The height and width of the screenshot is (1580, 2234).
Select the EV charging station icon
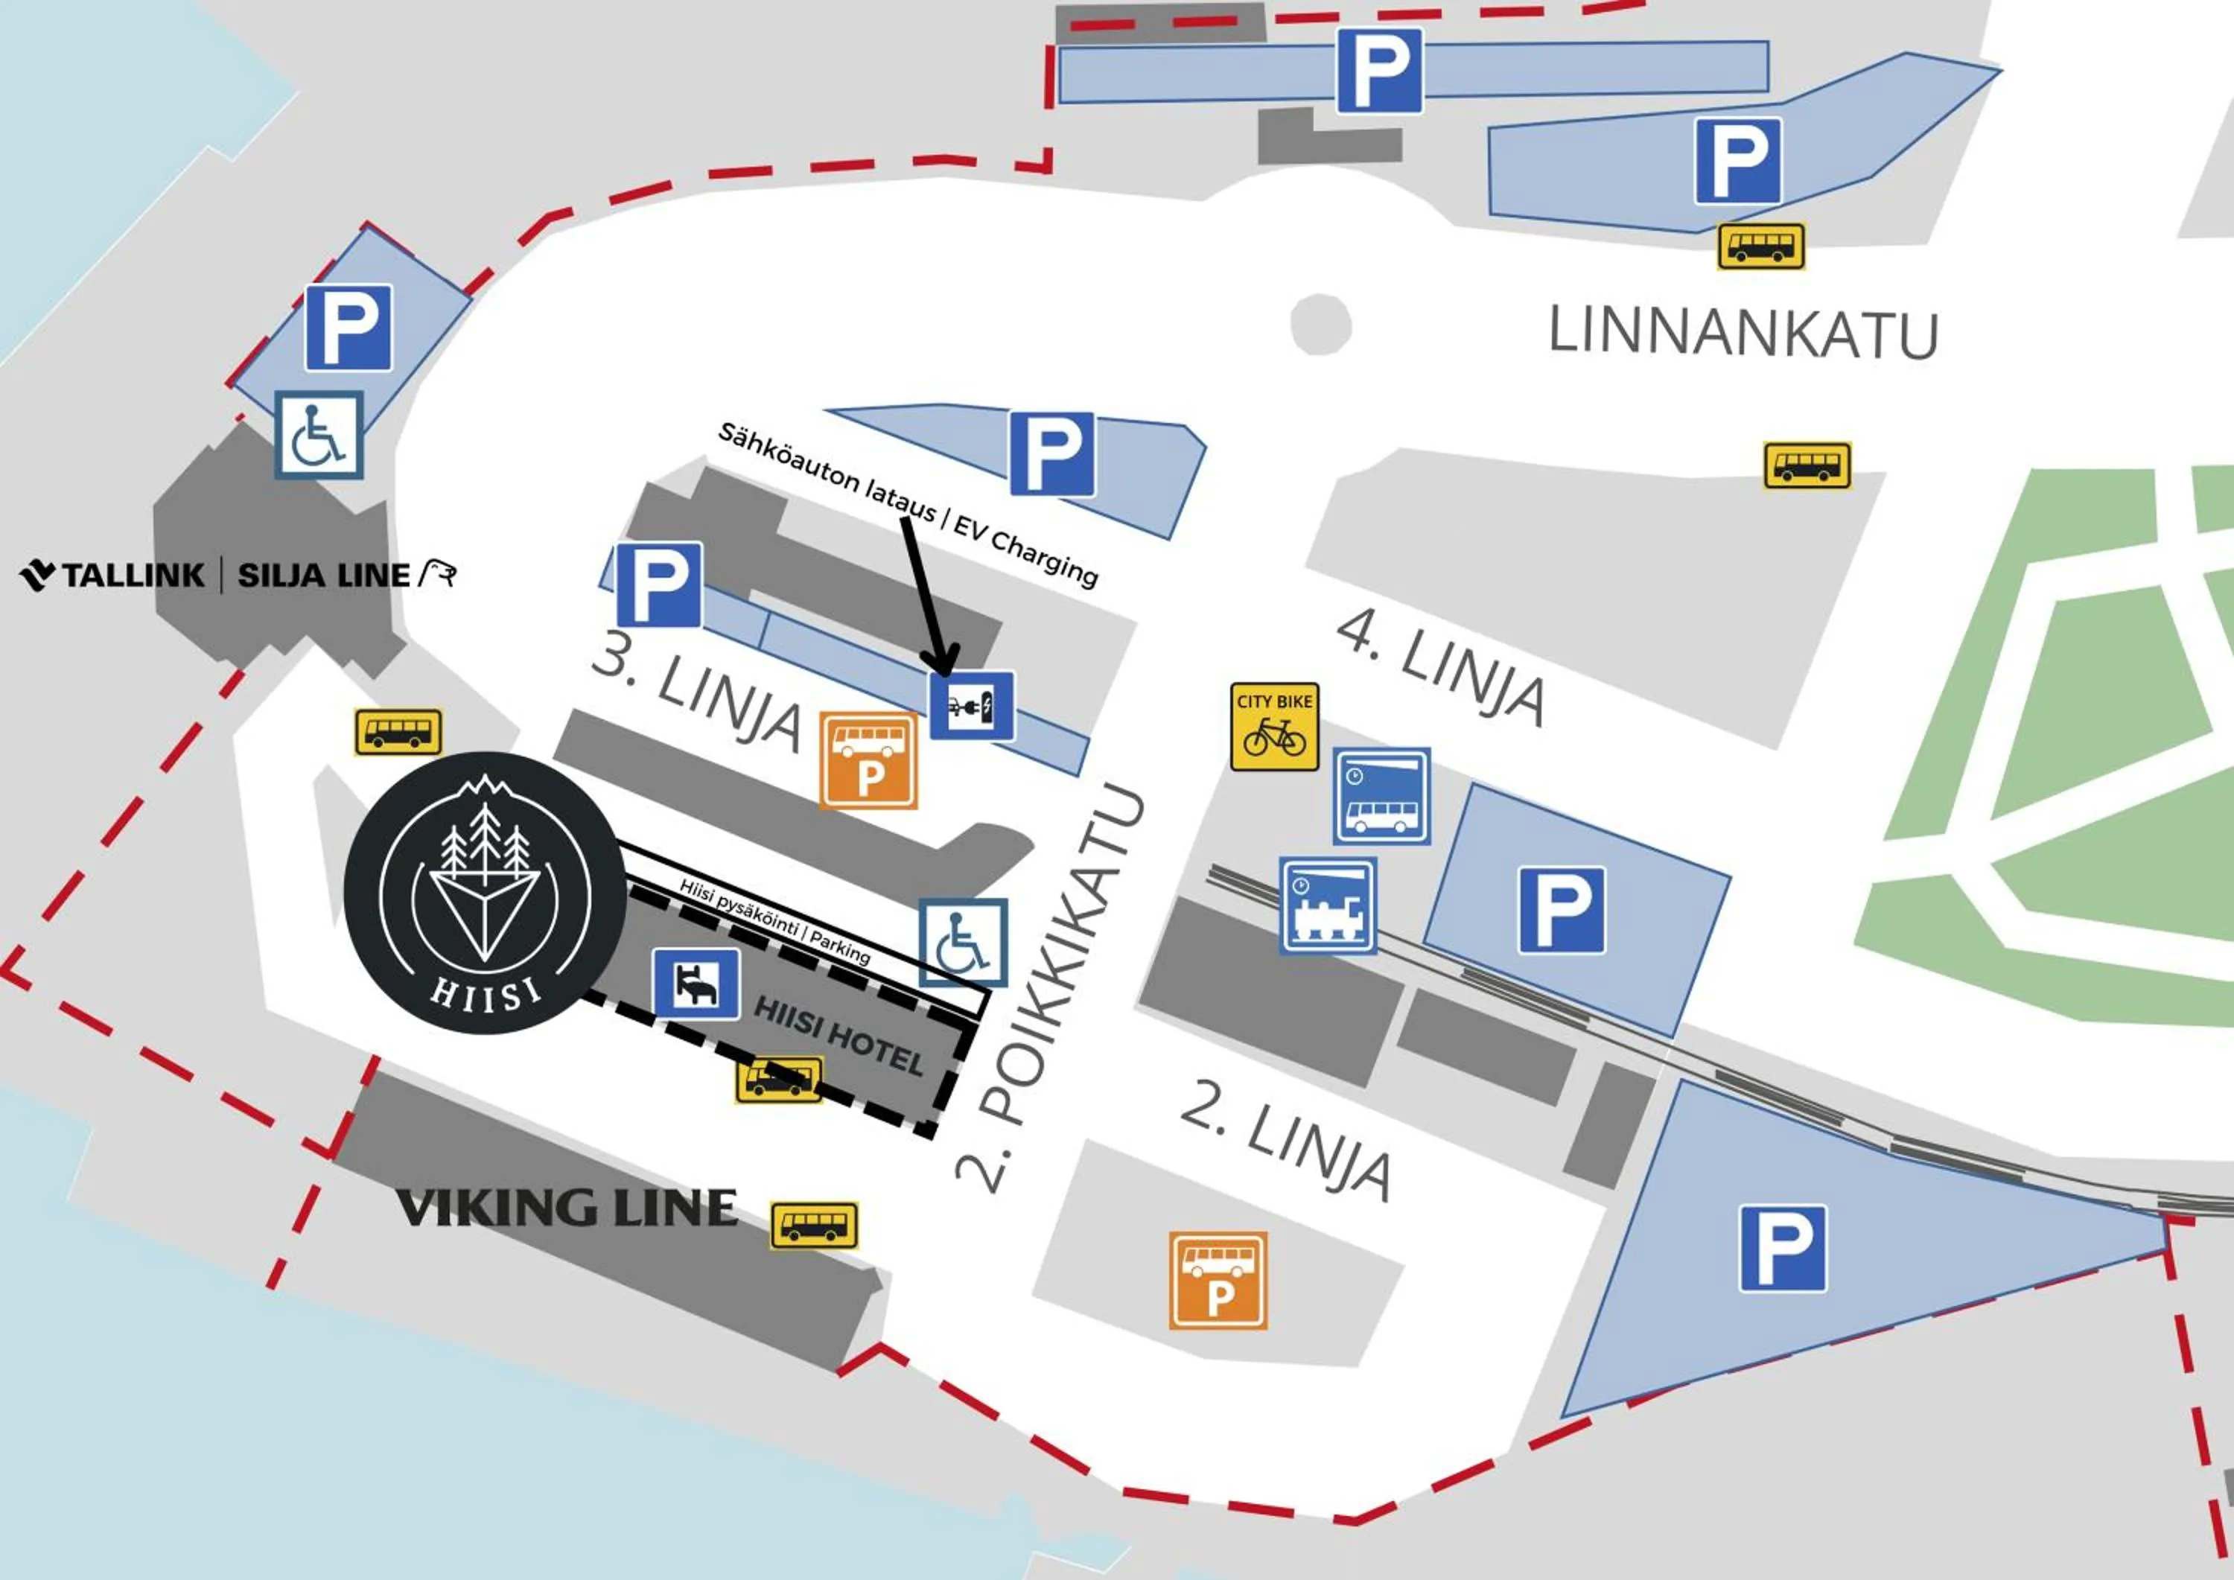coord(971,705)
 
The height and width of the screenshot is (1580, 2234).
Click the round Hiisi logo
coord(486,892)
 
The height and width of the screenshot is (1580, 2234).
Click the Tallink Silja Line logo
coord(238,575)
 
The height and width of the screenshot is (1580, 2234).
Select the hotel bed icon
coord(696,984)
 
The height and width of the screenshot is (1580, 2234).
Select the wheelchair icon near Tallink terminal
coord(319,435)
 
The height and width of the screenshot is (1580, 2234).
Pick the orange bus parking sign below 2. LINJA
coord(1218,1281)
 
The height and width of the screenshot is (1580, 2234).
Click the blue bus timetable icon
coord(1381,796)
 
